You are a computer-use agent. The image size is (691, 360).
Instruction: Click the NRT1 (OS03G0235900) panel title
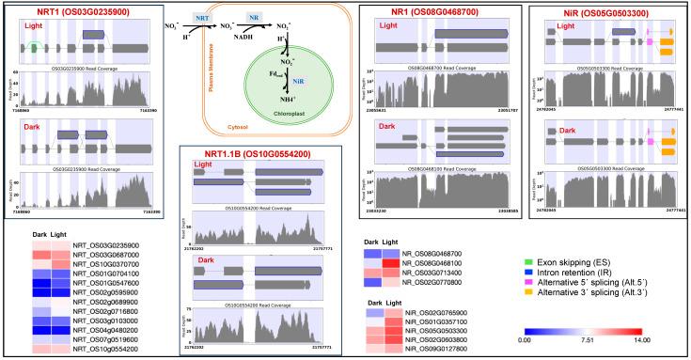click(x=65, y=11)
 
